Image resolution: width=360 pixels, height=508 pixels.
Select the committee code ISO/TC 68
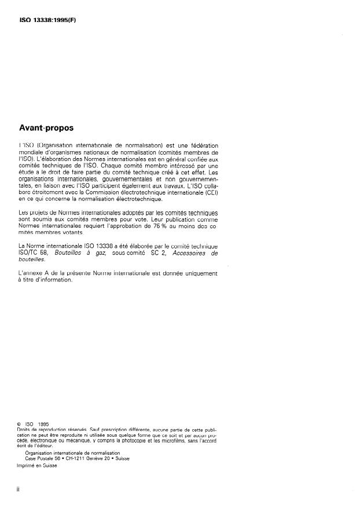click(x=36, y=253)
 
